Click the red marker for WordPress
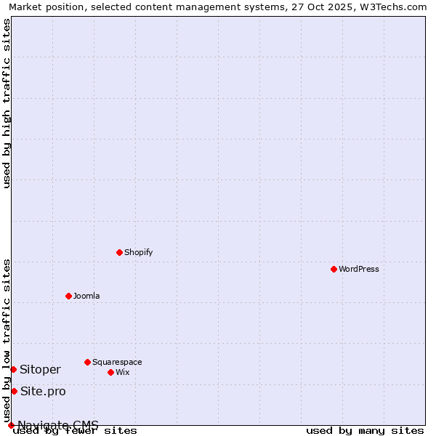[x=334, y=269]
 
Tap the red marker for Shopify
[x=119, y=252]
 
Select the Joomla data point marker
[x=68, y=296]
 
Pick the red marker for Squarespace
[x=87, y=362]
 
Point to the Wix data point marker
[x=110, y=372]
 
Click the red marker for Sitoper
[x=13, y=369]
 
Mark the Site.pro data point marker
[x=14, y=391]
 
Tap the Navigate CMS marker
[x=11, y=425]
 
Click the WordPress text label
[x=359, y=269]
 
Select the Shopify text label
[x=139, y=252]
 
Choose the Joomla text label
[x=86, y=296]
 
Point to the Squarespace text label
[x=117, y=362]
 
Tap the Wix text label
[x=123, y=372]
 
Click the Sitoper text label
[x=41, y=369]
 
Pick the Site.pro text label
[x=43, y=391]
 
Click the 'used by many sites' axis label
[x=365, y=431]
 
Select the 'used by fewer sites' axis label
[x=76, y=431]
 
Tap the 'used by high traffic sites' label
[x=7, y=104]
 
